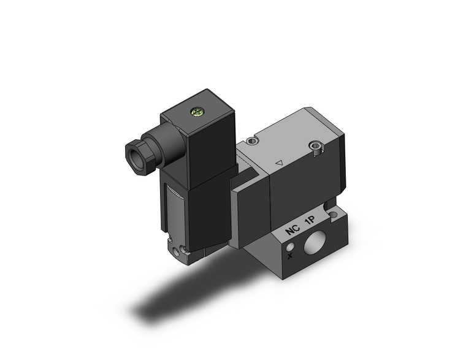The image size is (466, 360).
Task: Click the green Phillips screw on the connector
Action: [x=197, y=112]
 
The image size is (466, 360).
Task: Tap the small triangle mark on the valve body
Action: [x=279, y=164]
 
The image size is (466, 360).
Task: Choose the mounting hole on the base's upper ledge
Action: [x=333, y=215]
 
